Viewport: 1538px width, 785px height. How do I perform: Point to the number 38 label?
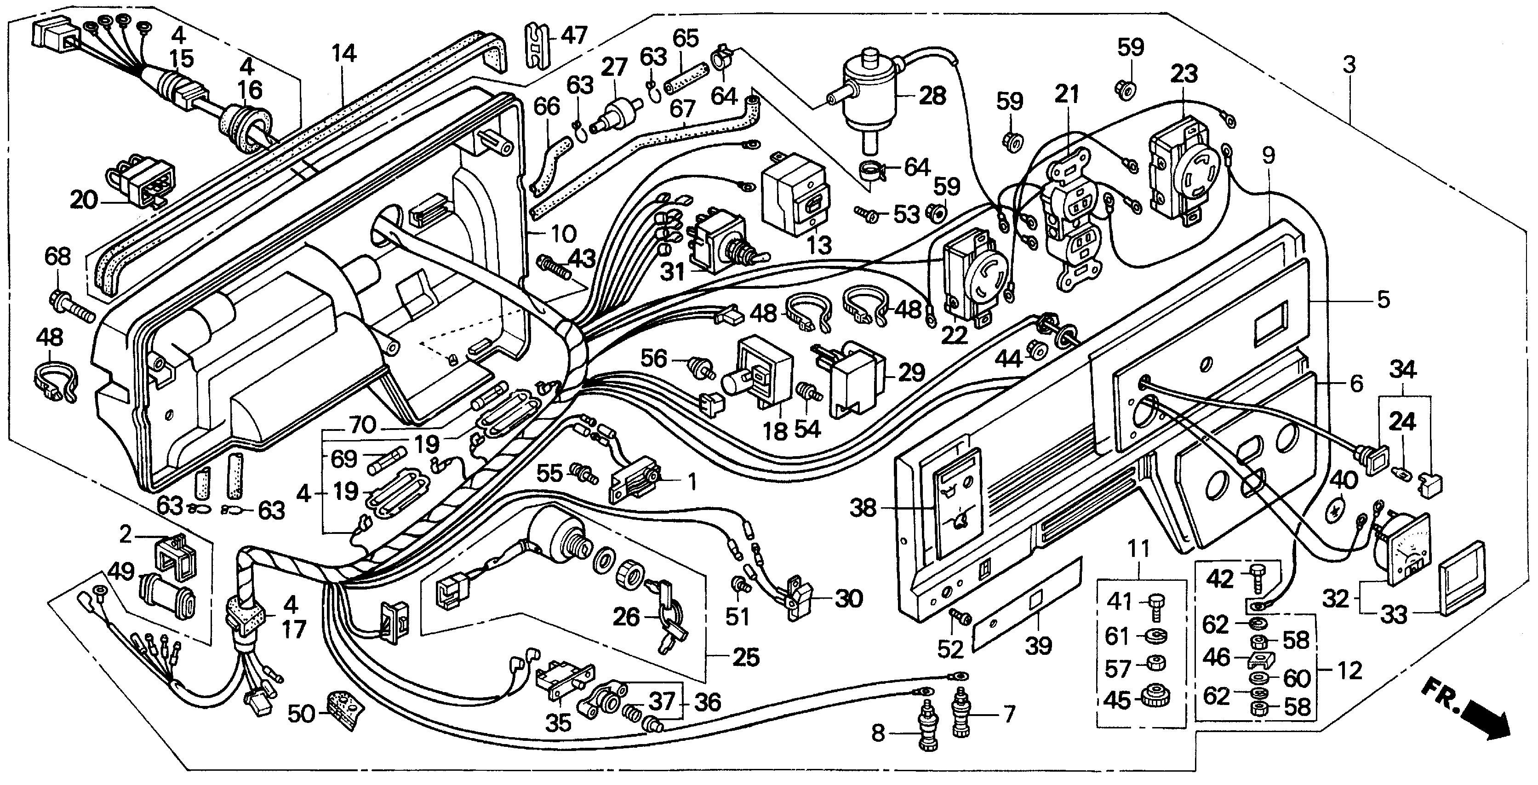[x=863, y=508]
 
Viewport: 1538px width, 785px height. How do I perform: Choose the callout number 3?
[x=1349, y=64]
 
